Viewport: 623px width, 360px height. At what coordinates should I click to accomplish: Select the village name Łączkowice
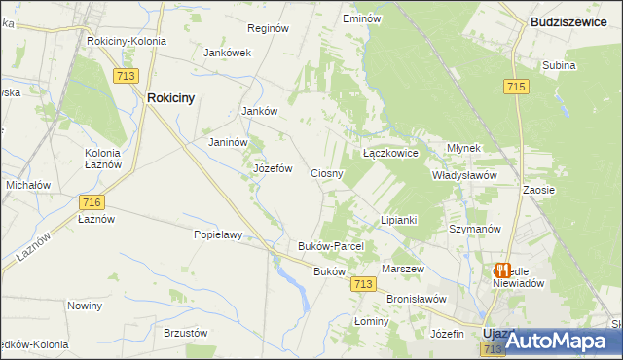[x=389, y=154]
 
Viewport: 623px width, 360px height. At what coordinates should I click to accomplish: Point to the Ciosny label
[x=326, y=173]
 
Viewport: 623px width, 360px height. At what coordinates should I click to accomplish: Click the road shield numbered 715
[x=516, y=88]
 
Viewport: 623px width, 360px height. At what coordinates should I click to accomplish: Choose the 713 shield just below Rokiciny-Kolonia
[x=126, y=76]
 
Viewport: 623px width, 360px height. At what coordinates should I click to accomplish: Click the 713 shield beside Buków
[x=363, y=284]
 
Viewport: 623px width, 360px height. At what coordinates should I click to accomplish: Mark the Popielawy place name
[x=217, y=234]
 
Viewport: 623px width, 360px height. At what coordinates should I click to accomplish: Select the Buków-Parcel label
[x=330, y=247]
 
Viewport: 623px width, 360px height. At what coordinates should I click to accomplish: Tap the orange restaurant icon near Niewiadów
[x=502, y=270]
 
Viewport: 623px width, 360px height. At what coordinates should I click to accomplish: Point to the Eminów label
[x=360, y=18]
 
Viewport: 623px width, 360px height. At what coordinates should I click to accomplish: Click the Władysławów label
[x=464, y=176]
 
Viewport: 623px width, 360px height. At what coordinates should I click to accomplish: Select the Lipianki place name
[x=398, y=220]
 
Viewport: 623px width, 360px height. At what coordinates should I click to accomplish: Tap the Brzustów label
[x=186, y=333]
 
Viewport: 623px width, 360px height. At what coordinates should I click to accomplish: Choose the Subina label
[x=560, y=66]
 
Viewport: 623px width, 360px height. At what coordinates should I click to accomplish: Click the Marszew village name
[x=403, y=269]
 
